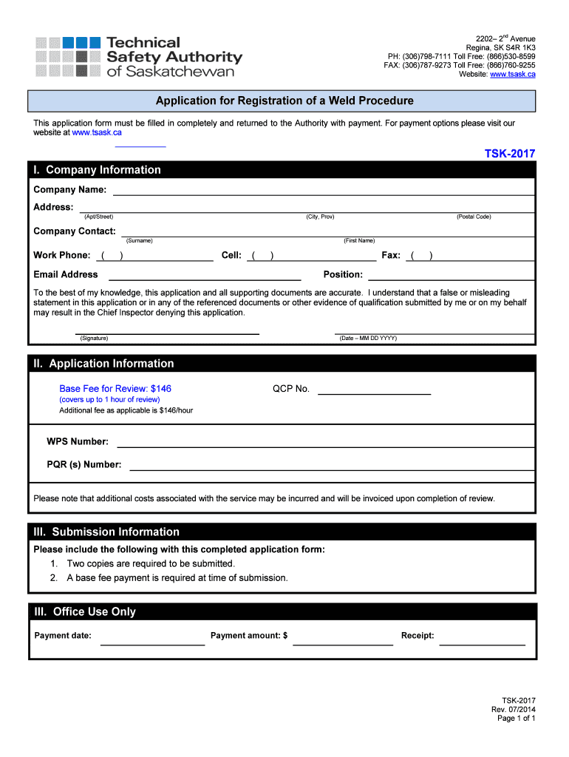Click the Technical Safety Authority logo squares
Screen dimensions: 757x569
[68, 56]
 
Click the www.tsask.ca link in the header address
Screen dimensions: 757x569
[512, 74]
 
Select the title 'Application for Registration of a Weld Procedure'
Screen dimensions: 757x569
[284, 101]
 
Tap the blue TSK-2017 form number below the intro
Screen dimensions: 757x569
[509, 154]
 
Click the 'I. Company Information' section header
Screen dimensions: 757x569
[97, 170]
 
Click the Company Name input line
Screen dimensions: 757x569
[323, 191]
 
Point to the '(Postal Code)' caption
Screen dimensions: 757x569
[474, 217]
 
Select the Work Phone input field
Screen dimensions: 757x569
[155, 257]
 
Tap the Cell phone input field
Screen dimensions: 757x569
[311, 257]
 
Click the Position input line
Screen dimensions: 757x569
[450, 276]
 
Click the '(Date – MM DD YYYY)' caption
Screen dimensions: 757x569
[368, 338]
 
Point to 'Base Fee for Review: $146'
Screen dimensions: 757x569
[115, 389]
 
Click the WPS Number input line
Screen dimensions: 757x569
[325, 443]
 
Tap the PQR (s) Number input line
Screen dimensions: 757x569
[331, 466]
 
